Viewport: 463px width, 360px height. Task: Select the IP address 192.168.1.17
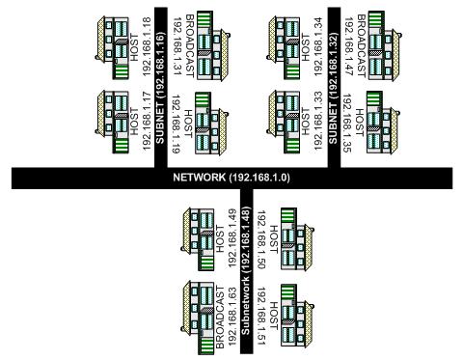(x=148, y=121)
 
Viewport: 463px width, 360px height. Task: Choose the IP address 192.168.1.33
(x=319, y=121)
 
